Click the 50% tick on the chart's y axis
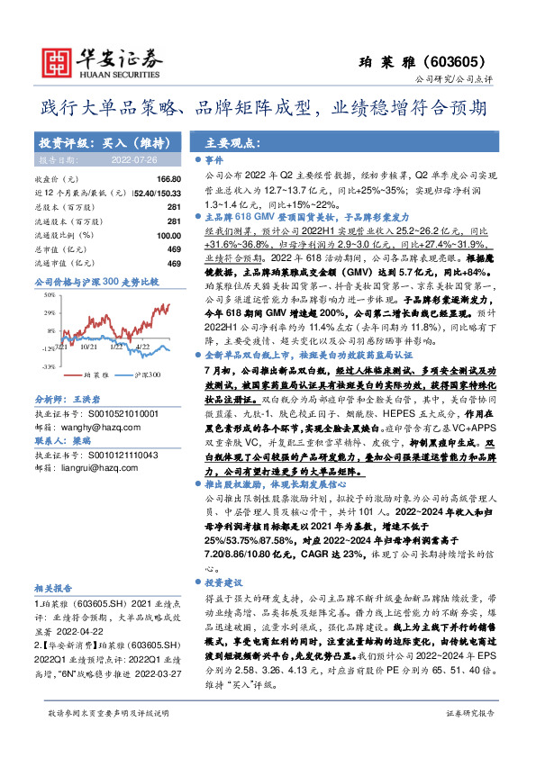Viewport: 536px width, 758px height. click(x=48, y=297)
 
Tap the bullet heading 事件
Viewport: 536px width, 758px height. click(x=221, y=158)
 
